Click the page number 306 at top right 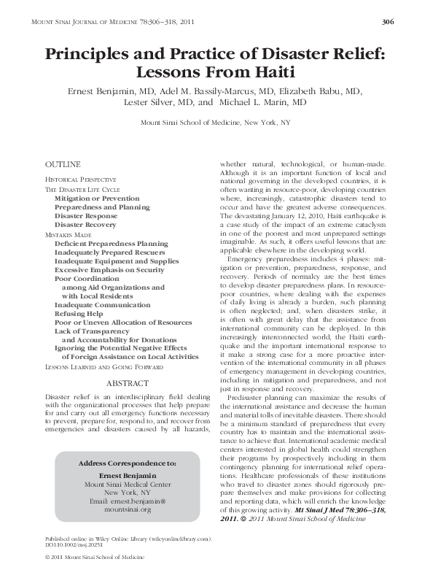(x=388, y=23)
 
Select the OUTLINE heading (x=63, y=165)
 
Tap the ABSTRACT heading (x=128, y=382)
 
